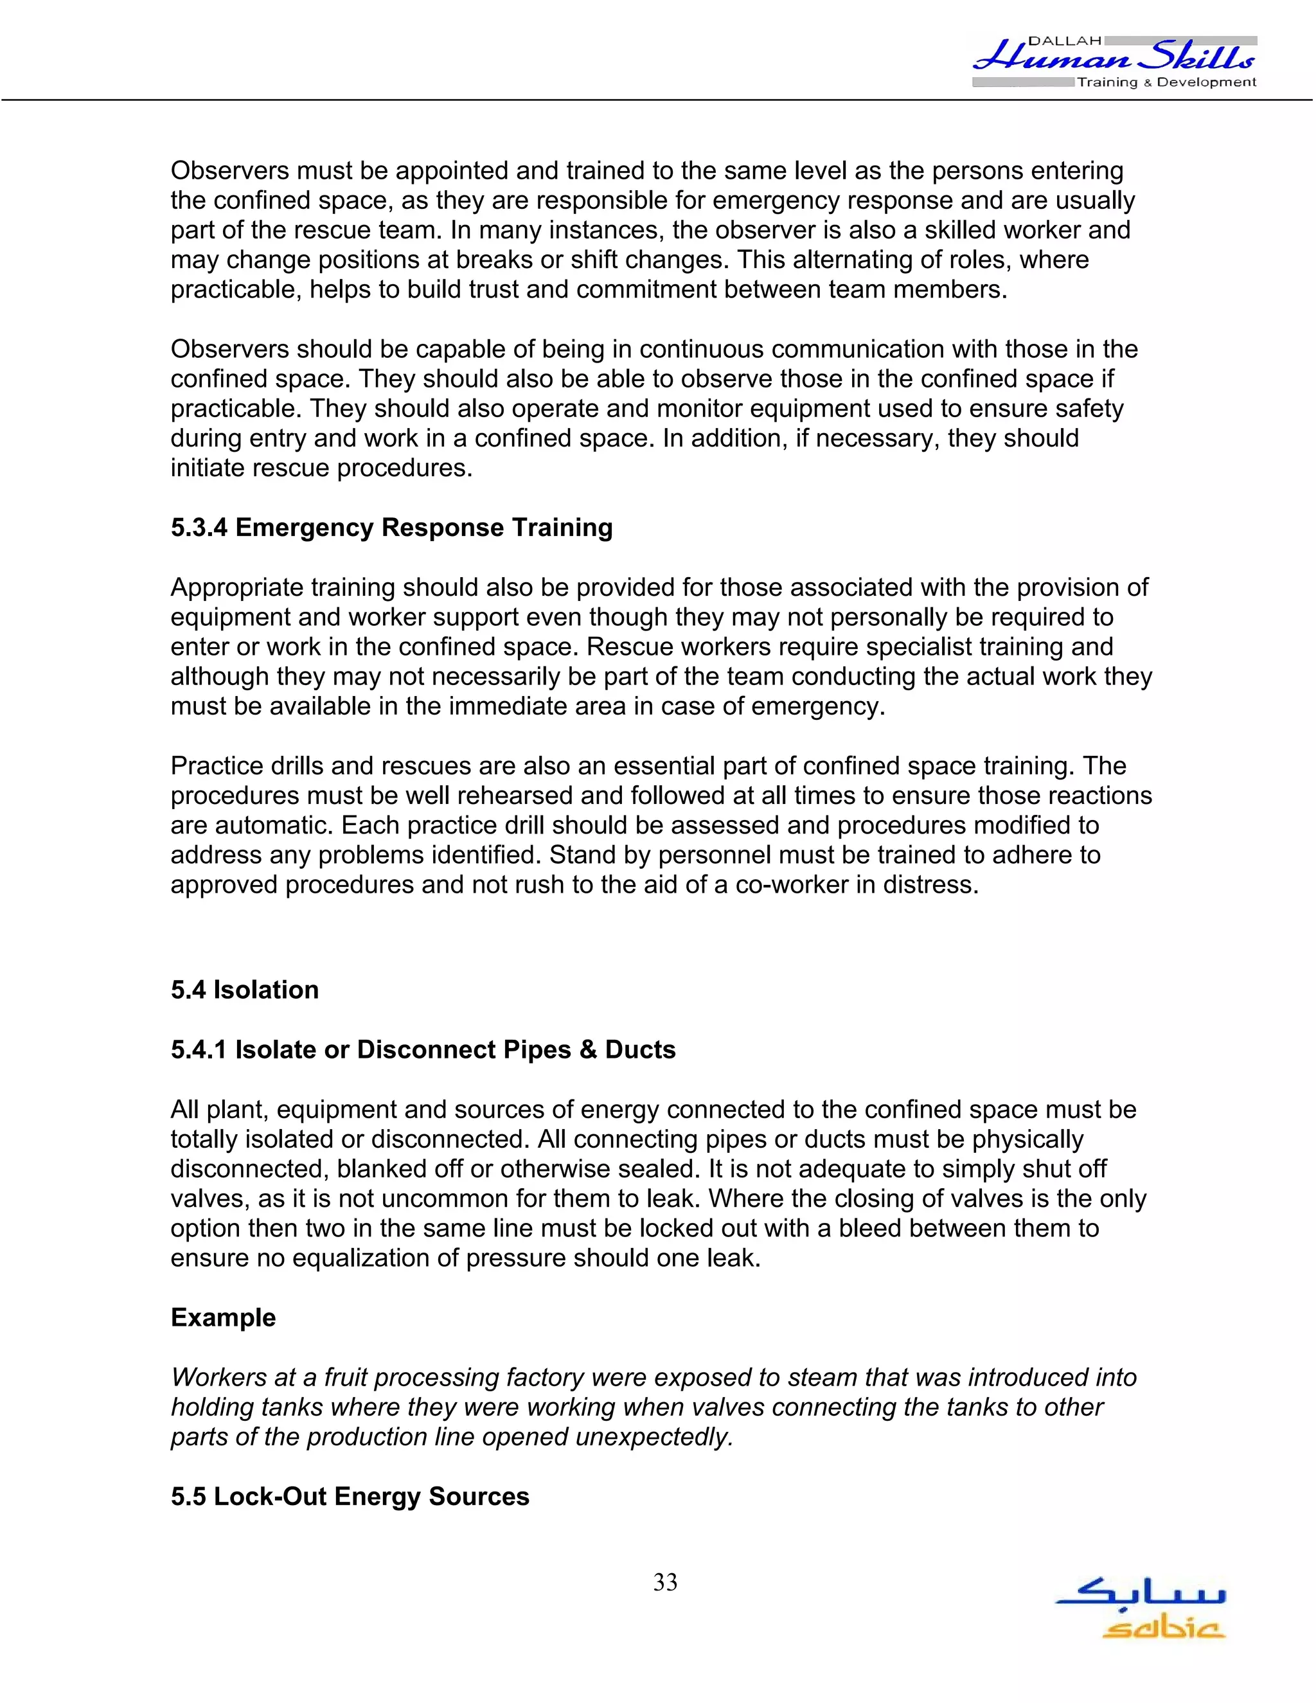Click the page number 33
pyautogui.click(x=665, y=1582)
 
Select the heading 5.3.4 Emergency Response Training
pyautogui.click(x=391, y=528)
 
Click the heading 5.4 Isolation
pyautogui.click(x=245, y=990)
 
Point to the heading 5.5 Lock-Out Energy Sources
pyautogui.click(x=350, y=1496)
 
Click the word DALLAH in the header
pyautogui.click(x=1065, y=40)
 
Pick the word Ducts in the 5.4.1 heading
pyautogui.click(x=640, y=1049)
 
